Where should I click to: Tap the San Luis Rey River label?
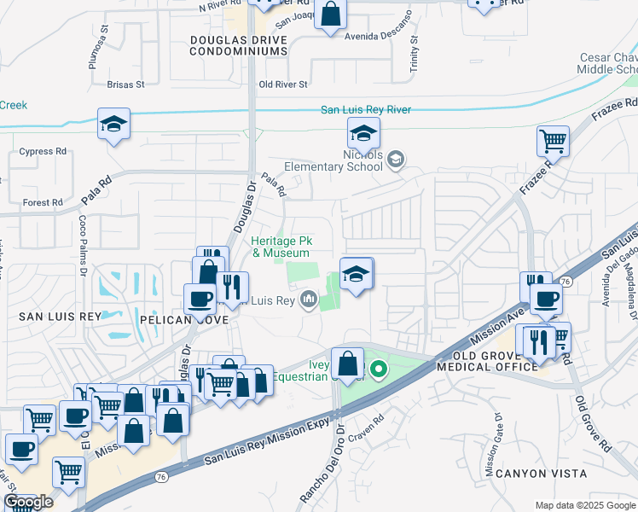coord(365,110)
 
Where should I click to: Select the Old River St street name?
coord(283,84)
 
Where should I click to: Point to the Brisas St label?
coord(126,84)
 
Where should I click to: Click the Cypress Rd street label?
coord(43,152)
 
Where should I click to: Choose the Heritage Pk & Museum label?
coord(280,247)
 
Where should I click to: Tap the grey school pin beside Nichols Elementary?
coord(395,159)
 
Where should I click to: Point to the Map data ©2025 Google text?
coord(584,505)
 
